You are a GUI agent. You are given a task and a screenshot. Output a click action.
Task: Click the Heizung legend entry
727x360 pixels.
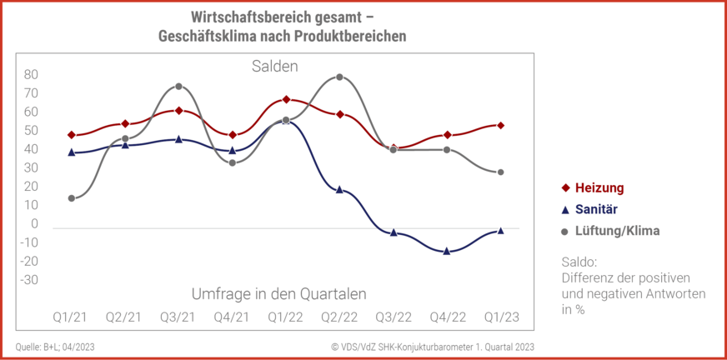(599, 187)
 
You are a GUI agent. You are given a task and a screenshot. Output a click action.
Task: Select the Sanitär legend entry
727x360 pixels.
(596, 209)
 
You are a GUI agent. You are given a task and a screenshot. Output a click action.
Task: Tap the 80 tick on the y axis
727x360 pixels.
(31, 74)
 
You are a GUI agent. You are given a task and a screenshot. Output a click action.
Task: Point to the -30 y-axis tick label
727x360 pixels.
(30, 280)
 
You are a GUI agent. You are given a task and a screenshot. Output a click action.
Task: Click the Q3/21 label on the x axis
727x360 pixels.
(178, 317)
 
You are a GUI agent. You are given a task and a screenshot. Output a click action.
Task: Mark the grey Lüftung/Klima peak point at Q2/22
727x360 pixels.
(339, 77)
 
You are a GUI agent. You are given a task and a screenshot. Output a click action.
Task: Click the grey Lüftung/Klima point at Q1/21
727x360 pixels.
(72, 198)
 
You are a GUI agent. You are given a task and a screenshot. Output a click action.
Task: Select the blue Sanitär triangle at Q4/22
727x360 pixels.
(447, 250)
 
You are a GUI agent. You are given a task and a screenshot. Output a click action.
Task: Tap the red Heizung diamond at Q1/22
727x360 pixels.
(286, 100)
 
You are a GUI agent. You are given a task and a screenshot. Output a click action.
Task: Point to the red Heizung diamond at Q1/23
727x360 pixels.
(500, 125)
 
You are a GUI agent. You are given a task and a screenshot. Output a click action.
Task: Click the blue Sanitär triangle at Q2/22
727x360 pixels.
(339, 189)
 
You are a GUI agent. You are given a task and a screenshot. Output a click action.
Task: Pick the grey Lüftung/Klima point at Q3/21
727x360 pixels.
(178, 86)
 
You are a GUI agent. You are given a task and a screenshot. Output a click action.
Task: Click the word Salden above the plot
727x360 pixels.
(274, 66)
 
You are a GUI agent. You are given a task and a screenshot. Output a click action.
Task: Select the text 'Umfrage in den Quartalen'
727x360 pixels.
(279, 293)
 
